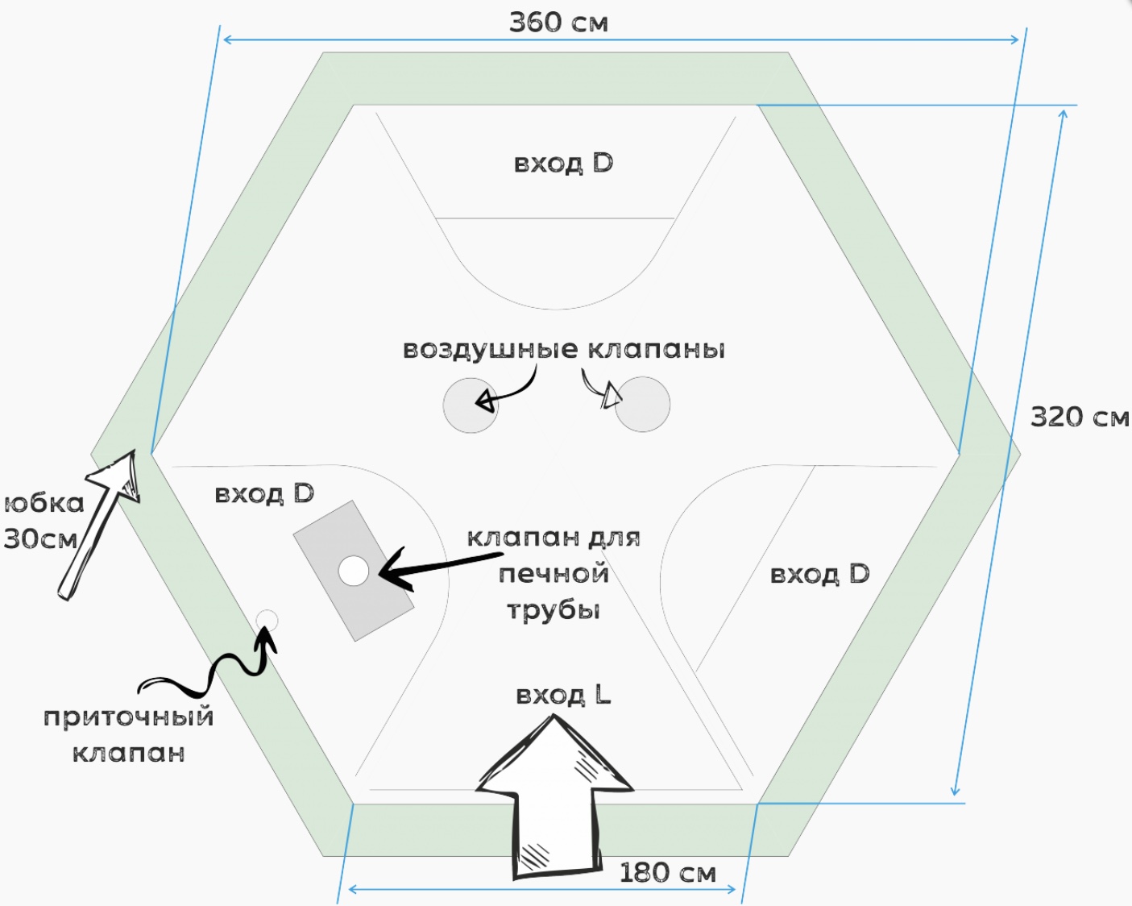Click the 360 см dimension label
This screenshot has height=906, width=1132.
(x=558, y=23)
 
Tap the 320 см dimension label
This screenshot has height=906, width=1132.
(x=1080, y=417)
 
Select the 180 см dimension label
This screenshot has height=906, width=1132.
(x=667, y=872)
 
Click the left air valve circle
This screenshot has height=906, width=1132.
(x=471, y=405)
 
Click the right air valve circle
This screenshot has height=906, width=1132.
(x=643, y=405)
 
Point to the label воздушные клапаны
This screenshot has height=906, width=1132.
(x=564, y=349)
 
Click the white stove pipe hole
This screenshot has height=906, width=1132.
(x=353, y=571)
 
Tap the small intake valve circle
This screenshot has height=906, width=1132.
(x=267, y=621)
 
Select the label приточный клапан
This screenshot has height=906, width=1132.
(x=129, y=734)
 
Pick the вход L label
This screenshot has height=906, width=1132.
(x=563, y=694)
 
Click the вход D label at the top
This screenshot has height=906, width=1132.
(x=563, y=163)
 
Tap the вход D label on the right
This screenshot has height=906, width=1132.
(x=819, y=574)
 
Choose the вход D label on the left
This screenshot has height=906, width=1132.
(x=264, y=493)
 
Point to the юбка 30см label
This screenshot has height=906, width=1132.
(x=44, y=521)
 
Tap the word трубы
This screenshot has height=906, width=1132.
(x=554, y=610)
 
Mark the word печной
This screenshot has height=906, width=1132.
(x=554, y=574)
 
